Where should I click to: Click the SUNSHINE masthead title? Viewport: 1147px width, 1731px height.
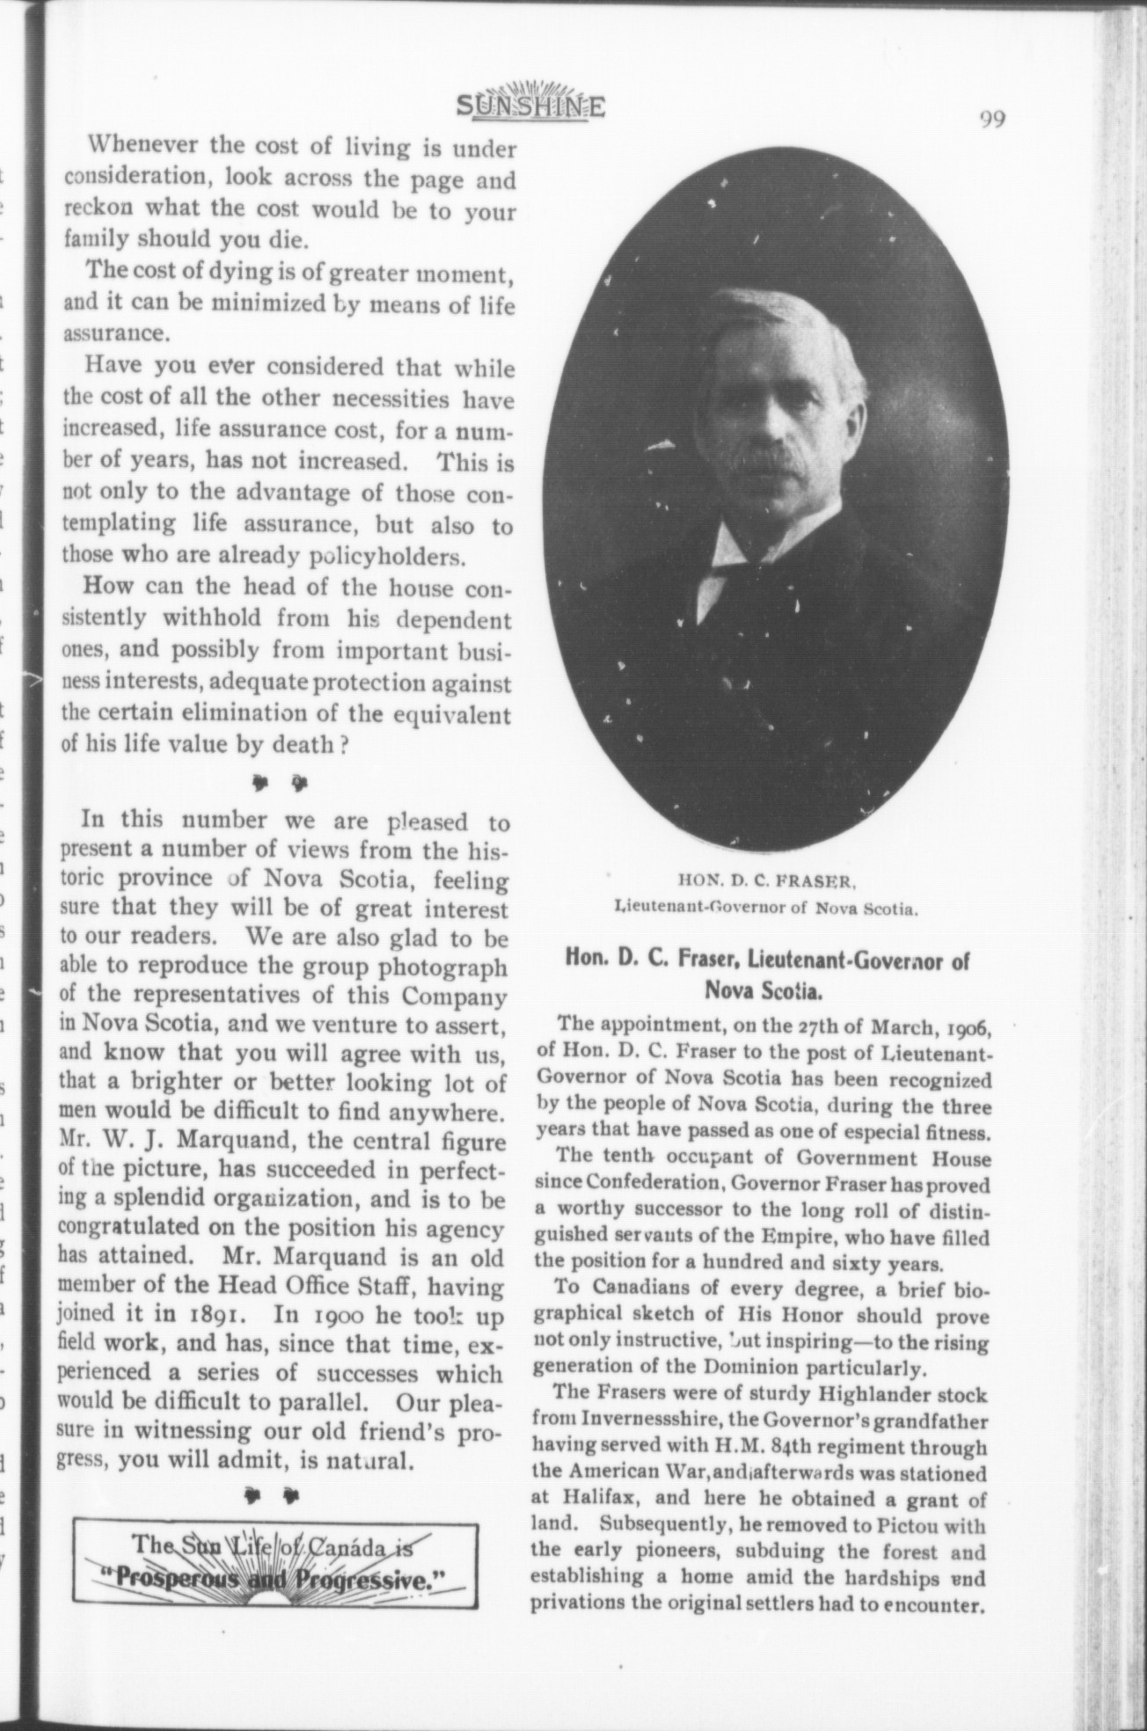[530, 106]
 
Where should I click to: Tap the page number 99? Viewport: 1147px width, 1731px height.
[993, 119]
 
